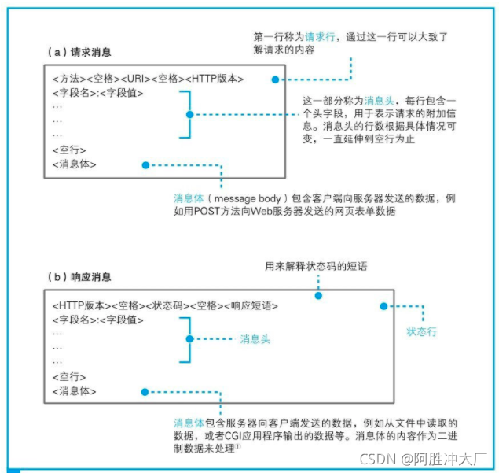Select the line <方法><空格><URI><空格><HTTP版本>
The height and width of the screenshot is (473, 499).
148,79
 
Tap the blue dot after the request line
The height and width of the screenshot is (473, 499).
274,79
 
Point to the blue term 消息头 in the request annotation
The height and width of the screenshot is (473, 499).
391,102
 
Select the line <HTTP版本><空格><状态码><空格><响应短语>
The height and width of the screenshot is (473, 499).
166,305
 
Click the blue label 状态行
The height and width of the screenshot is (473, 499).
421,331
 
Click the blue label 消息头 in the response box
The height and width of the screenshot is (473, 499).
255,339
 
